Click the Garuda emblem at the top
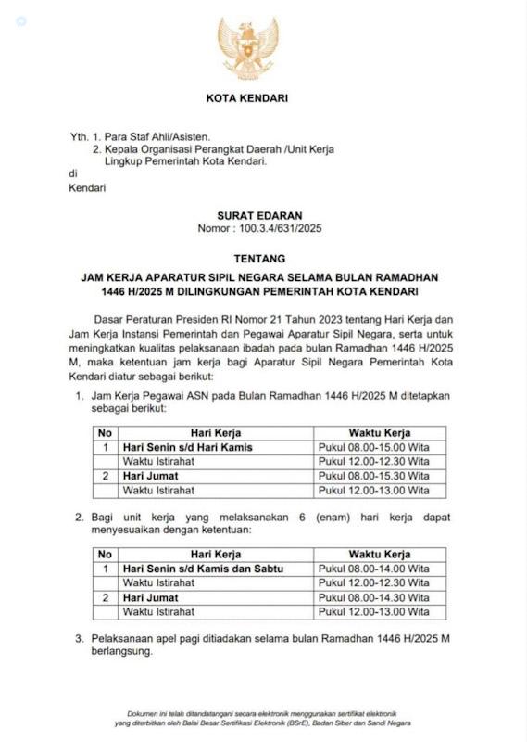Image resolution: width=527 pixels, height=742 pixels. [247, 48]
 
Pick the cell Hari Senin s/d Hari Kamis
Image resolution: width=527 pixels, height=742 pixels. [188, 447]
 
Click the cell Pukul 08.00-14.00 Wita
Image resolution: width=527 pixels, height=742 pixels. [373, 569]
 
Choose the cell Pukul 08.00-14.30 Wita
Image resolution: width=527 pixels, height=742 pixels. [373, 597]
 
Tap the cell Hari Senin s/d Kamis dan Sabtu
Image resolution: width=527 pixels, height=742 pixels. [203, 569]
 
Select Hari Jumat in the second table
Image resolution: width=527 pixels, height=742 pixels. [150, 597]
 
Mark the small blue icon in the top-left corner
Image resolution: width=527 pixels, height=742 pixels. [21, 20]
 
